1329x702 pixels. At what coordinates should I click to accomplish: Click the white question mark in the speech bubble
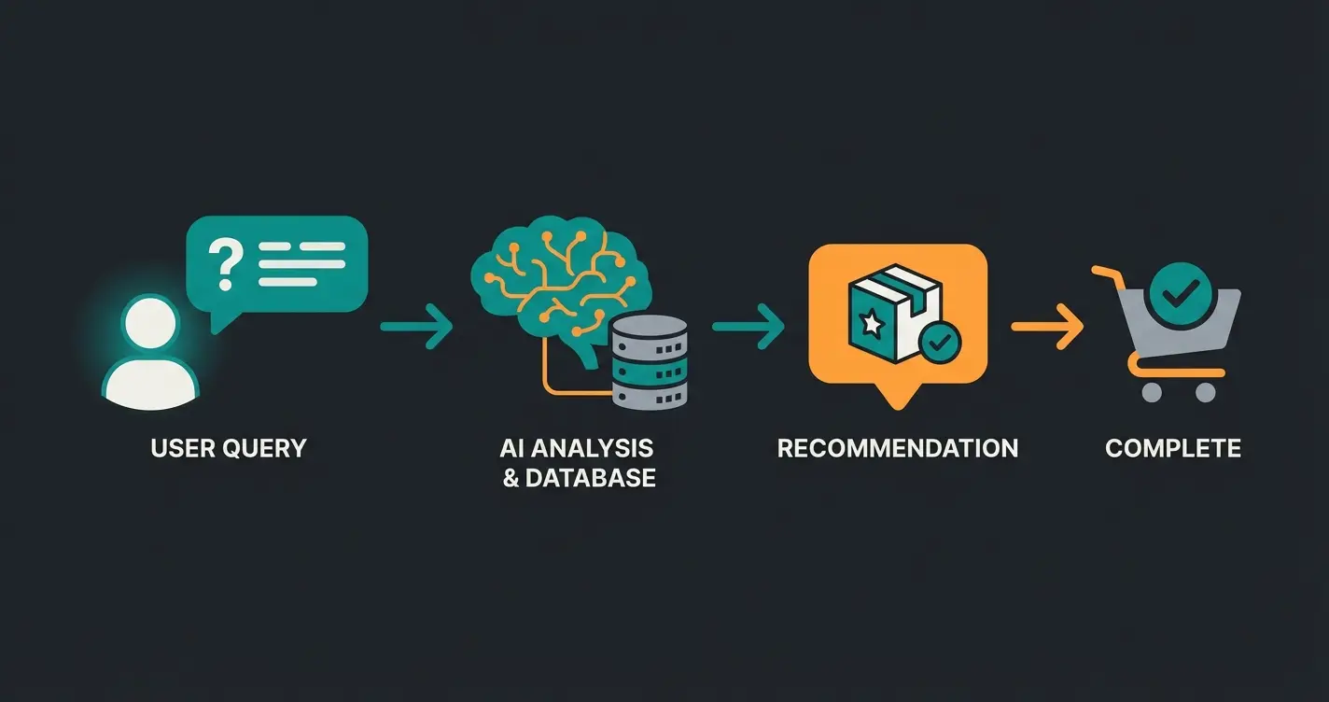pyautogui.click(x=224, y=262)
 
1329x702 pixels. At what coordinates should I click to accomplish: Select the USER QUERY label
pyautogui.click(x=229, y=447)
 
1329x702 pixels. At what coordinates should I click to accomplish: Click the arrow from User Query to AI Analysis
pyautogui.click(x=416, y=326)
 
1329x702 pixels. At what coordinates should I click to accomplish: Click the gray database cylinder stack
pyautogui.click(x=650, y=363)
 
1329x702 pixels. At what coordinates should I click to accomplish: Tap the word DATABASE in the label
pyautogui.click(x=591, y=478)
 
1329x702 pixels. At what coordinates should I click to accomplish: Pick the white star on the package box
pyautogui.click(x=873, y=323)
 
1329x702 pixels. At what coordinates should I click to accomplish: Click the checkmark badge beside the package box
pyautogui.click(x=938, y=344)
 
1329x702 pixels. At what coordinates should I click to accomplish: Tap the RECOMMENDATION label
pyautogui.click(x=898, y=447)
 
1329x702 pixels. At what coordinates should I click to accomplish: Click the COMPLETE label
pyautogui.click(x=1173, y=447)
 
